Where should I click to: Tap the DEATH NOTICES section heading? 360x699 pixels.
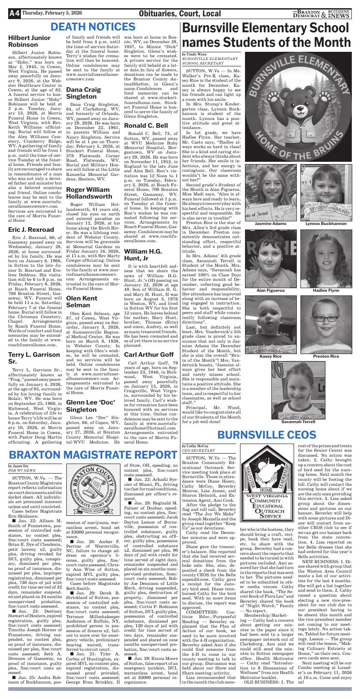[92, 27]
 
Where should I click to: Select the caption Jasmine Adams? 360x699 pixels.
[270, 224]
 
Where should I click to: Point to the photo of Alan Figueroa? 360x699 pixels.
[270, 259]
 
